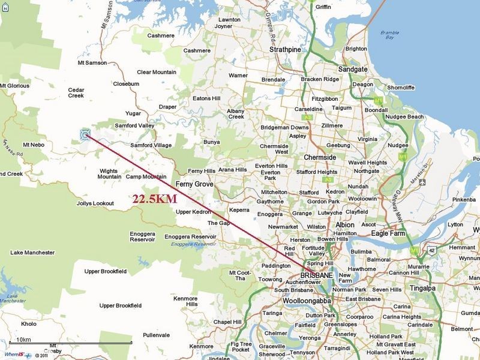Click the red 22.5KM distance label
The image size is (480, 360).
pyautogui.click(x=154, y=199)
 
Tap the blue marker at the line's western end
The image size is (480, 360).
pyautogui.click(x=85, y=134)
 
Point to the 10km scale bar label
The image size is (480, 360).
pyautogui.click(x=23, y=340)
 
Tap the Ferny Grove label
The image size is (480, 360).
pyautogui.click(x=196, y=184)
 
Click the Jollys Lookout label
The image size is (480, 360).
pyautogui.click(x=95, y=203)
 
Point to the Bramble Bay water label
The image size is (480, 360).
pyautogui.click(x=391, y=35)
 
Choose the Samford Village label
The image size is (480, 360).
pyautogui.click(x=151, y=145)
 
